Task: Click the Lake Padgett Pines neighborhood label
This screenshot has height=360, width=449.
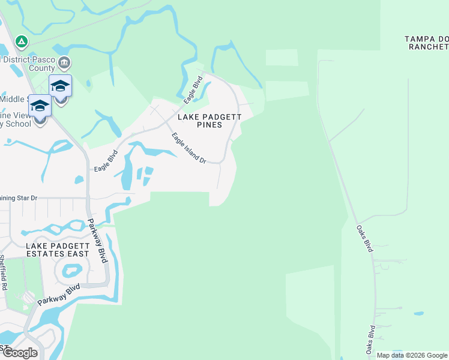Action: tap(200, 121)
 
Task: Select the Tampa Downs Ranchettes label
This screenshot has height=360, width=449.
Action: tap(427, 43)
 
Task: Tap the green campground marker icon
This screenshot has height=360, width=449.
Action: tap(21, 41)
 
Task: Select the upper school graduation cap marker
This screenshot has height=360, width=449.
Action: tap(60, 86)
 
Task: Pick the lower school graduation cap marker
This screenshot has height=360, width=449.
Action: tap(40, 106)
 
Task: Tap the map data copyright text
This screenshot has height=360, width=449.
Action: tap(412, 355)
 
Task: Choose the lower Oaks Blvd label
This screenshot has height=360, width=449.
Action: tap(372, 340)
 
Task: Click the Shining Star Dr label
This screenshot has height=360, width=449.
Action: tap(19, 197)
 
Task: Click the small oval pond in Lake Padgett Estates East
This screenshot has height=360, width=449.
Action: tap(71, 271)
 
